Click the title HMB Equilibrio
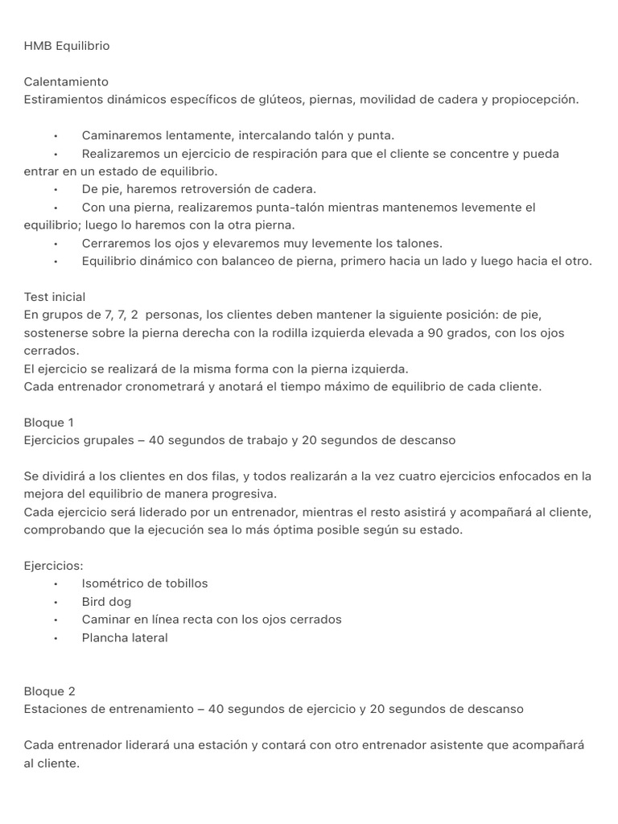(67, 46)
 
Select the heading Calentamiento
(66, 82)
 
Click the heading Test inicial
(55, 297)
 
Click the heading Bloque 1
(48, 422)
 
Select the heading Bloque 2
(49, 691)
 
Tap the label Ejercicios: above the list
(53, 566)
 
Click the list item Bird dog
(106, 602)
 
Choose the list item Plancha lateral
(125, 637)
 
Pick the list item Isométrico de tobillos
(144, 583)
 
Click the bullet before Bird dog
(56, 602)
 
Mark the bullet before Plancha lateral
(56, 637)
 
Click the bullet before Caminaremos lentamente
(56, 136)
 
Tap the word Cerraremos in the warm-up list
(116, 243)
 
